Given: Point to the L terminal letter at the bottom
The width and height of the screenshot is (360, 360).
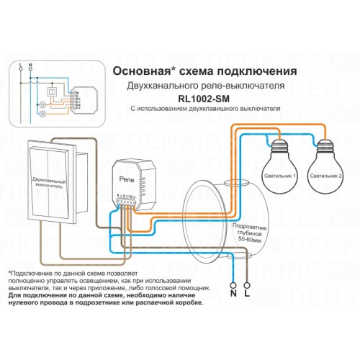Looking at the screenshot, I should [x=248, y=294].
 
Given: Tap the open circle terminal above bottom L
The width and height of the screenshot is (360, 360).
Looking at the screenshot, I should [x=248, y=282].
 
